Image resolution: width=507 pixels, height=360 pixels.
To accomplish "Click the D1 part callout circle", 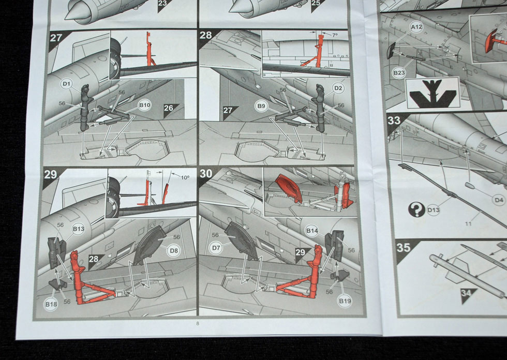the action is [66, 84].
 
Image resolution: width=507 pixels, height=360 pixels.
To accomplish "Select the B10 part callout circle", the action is [144, 105].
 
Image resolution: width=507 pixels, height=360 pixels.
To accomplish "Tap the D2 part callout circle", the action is [338, 88].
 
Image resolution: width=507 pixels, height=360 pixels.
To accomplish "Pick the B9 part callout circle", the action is [261, 106].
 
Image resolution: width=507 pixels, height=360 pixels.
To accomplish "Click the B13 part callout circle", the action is [78, 229].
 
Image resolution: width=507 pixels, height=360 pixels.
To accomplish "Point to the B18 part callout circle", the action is [51, 304].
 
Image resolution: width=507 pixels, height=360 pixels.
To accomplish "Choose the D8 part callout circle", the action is [174, 251].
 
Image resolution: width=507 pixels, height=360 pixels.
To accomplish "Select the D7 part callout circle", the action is [216, 248].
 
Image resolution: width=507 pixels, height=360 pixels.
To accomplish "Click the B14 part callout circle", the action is [311, 231].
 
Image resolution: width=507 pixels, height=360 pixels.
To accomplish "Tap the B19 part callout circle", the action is [345, 301].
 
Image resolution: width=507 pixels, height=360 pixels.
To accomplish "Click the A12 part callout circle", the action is [416, 27].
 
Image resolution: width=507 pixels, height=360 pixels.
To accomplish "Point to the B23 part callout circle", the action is [399, 73].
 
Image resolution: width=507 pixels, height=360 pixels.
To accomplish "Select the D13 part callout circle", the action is [434, 210].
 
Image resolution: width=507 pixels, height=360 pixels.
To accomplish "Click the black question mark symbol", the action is [416, 209].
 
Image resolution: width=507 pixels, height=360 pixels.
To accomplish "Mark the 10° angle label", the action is [185, 177].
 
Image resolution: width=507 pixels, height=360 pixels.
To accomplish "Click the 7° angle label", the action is [334, 35].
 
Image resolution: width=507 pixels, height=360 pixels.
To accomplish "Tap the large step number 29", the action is [51, 175].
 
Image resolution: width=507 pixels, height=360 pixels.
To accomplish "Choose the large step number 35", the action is [403, 248].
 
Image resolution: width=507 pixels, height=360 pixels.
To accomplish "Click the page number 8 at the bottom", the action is [198, 323].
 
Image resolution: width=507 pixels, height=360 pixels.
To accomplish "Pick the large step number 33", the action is [394, 121].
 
